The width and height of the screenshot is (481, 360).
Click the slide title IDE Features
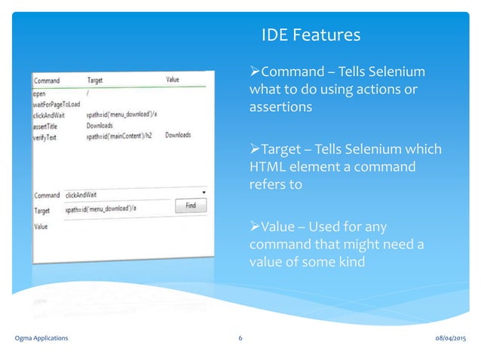click(x=310, y=35)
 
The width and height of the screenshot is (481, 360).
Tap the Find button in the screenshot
click(x=191, y=205)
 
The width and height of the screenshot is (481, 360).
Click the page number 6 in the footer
click(x=240, y=338)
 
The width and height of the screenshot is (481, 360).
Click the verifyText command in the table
click(x=45, y=136)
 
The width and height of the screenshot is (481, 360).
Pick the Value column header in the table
click(x=173, y=78)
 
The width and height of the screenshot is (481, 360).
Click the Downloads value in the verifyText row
click(x=178, y=136)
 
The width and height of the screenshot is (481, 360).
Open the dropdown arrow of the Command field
click(x=204, y=192)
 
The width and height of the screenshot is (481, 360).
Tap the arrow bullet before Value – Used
click(x=254, y=227)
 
